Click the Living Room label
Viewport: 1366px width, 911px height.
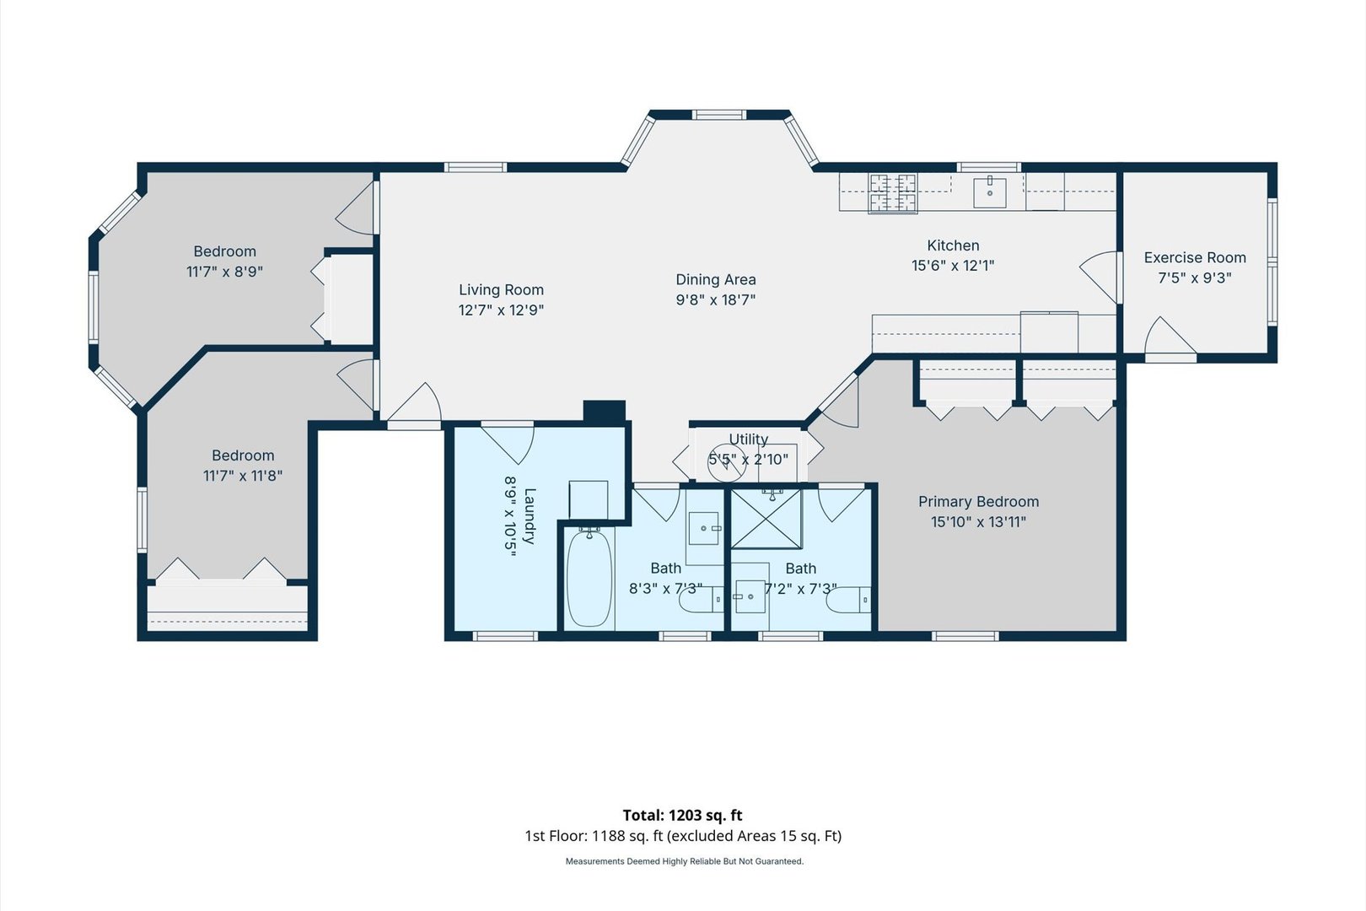click(501, 290)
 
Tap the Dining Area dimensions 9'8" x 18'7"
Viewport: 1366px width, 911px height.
click(716, 299)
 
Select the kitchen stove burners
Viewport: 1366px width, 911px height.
click(894, 193)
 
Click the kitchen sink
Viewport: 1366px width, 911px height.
click(989, 192)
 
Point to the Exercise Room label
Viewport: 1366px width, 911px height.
click(1195, 257)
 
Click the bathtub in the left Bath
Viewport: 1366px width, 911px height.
click(589, 578)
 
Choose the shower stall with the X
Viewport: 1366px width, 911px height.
click(766, 519)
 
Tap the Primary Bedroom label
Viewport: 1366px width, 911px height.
click(978, 502)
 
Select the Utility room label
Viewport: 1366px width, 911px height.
click(748, 439)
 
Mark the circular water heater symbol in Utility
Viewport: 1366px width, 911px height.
click(727, 462)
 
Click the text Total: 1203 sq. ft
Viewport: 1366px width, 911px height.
click(682, 815)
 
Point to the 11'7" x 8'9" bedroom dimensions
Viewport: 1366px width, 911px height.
click(224, 272)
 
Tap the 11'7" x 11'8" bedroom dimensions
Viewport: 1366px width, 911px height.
click(243, 476)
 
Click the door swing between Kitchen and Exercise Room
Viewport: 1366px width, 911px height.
click(1100, 278)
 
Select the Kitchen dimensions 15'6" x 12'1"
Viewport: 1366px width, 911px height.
click(953, 266)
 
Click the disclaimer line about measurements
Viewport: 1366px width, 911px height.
click(685, 861)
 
